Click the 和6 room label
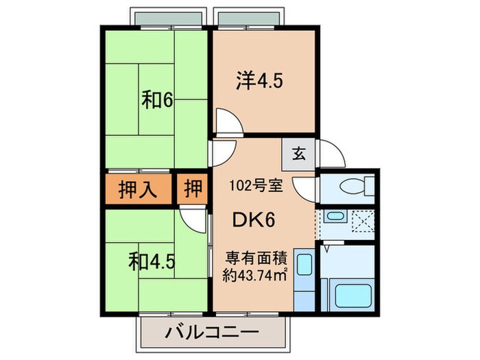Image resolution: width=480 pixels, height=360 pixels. tap(157, 100)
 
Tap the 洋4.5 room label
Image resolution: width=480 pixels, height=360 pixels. tap(260, 81)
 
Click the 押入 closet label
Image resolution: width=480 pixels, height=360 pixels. tap(138, 188)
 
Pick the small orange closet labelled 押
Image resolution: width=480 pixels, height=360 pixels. tap(193, 188)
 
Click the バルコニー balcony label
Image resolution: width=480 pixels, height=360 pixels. tap(212, 333)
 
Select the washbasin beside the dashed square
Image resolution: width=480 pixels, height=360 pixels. tap(334, 218)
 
